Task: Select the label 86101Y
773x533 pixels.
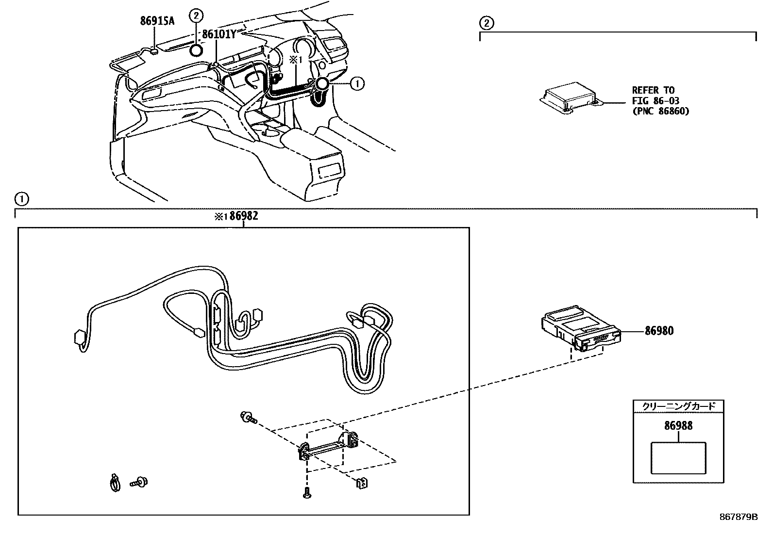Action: click(218, 34)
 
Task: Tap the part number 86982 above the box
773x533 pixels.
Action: click(243, 216)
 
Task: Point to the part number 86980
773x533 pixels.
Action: click(659, 331)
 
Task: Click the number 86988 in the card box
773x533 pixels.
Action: click(678, 425)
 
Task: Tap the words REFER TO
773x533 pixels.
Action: click(653, 90)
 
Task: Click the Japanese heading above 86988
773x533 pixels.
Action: click(678, 406)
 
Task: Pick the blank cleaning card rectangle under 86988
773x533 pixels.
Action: click(678, 457)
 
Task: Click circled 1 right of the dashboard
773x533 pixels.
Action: click(357, 84)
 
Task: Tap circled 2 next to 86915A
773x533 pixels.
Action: click(196, 16)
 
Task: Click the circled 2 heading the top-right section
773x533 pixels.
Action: click(487, 22)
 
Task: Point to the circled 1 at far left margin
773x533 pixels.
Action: click(21, 198)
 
